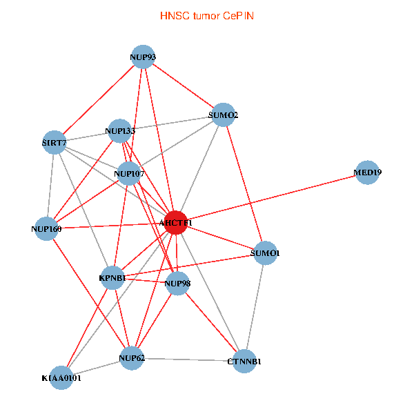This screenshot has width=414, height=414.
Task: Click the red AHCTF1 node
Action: click(x=176, y=223)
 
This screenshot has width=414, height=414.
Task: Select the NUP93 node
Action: click(x=143, y=57)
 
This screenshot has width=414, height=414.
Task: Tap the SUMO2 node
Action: click(x=222, y=115)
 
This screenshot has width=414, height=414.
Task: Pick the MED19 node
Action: click(x=368, y=172)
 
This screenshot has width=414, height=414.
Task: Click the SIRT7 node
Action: click(x=54, y=143)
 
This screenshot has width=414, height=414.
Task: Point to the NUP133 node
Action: click(x=121, y=129)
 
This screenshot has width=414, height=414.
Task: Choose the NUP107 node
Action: click(x=129, y=173)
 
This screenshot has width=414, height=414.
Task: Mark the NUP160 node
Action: click(x=46, y=228)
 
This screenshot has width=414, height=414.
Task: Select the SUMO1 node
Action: click(x=266, y=253)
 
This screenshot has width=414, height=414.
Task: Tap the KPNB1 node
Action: click(x=113, y=277)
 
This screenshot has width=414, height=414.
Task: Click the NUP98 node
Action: click(x=177, y=283)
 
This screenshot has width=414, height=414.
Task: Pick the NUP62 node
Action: click(x=131, y=357)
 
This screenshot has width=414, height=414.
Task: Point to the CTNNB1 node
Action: click(x=244, y=361)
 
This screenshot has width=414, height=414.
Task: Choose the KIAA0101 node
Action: click(x=61, y=377)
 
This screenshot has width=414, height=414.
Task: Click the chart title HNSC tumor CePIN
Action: click(x=207, y=15)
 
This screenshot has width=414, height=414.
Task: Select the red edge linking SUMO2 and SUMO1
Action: click(x=244, y=183)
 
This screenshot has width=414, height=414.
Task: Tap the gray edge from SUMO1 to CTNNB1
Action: click(x=255, y=306)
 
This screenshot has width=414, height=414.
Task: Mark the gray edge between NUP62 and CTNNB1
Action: click(x=188, y=359)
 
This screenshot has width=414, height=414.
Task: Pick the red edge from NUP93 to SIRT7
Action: click(x=99, y=99)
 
